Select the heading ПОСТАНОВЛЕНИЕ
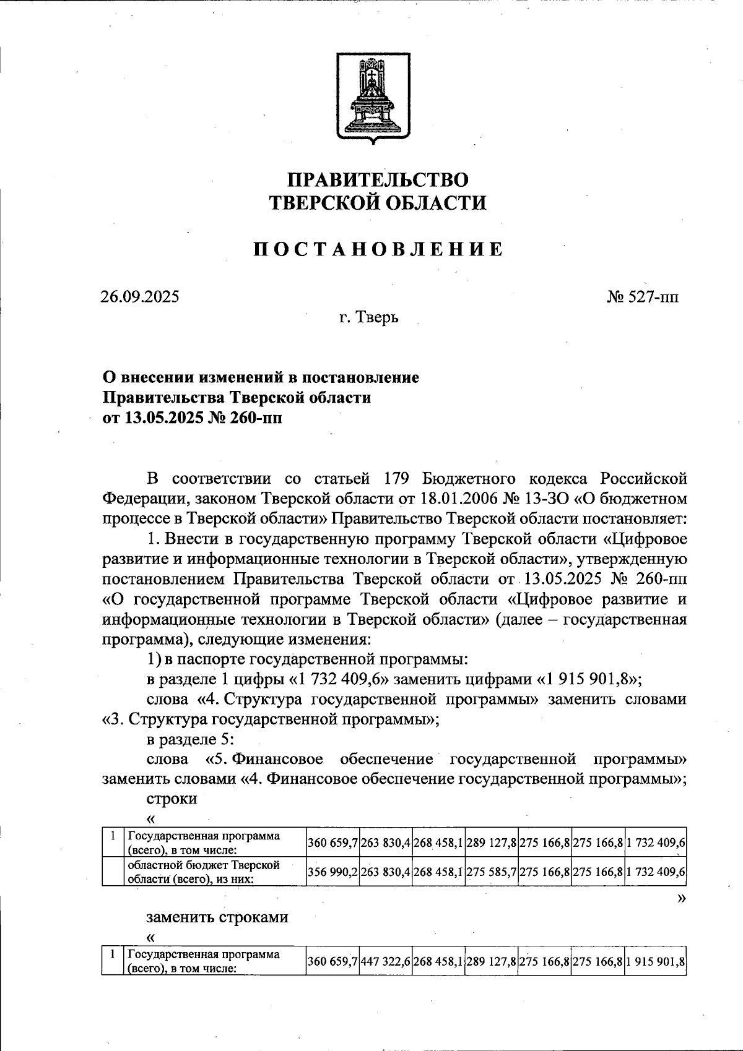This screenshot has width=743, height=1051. tap(378, 249)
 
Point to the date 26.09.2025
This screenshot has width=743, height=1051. tap(140, 296)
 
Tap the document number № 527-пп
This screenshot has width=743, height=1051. tap(642, 296)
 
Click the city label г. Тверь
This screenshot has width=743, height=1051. tap(369, 318)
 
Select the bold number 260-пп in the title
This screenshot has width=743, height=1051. tap(250, 418)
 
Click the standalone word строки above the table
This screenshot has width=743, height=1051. tap(172, 798)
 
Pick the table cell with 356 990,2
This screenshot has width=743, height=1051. tap(332, 872)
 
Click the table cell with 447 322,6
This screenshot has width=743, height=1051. tap(385, 960)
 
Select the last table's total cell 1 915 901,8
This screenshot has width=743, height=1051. tap(655, 960)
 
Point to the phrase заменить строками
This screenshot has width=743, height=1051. tap(217, 916)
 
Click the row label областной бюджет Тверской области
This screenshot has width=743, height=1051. tap(204, 872)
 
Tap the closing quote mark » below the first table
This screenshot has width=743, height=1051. tap(682, 898)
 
